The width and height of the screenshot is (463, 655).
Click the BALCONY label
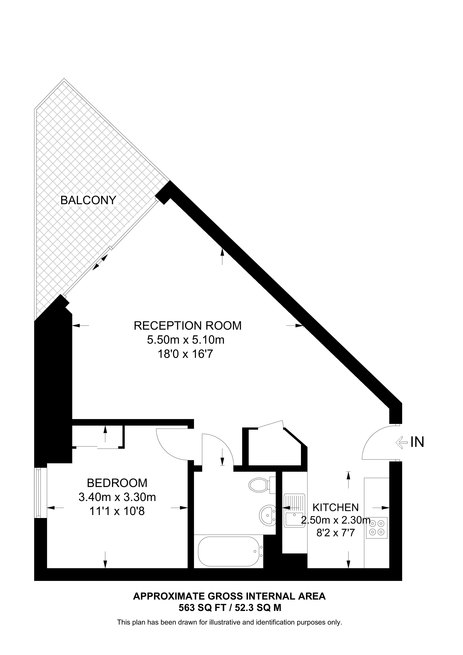click(x=88, y=200)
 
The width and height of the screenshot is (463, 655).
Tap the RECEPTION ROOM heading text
click(x=188, y=326)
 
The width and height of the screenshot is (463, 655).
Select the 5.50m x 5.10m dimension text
click(x=186, y=340)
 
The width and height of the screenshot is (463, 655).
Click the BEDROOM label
click(x=117, y=483)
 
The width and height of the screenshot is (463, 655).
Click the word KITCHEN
click(x=335, y=507)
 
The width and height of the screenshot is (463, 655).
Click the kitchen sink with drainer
click(x=294, y=510)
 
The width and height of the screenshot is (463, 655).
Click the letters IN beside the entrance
click(x=417, y=442)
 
